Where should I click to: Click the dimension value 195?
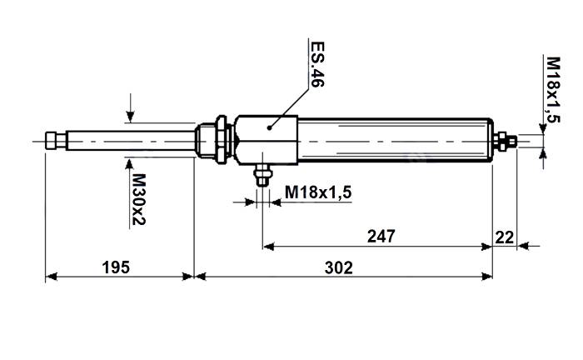(116, 267)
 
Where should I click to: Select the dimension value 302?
(338, 267)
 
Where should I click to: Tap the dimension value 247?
(381, 236)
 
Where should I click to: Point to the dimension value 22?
(505, 236)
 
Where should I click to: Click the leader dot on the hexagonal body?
(269, 127)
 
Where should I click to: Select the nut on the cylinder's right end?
(501, 142)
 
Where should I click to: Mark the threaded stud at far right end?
(513, 142)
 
